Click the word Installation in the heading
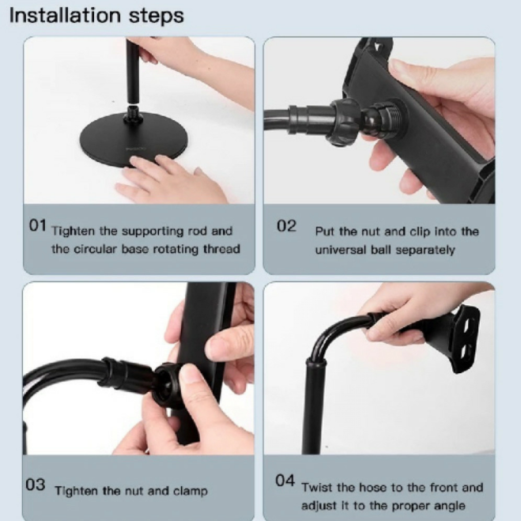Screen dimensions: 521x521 [x=65, y=16]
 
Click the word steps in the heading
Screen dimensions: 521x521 [x=157, y=17]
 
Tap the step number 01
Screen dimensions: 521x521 [x=37, y=225]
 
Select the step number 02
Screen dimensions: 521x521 [x=286, y=226]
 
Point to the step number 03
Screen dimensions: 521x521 [x=36, y=485]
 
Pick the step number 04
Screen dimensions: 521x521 [x=285, y=481]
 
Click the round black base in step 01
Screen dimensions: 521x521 [x=134, y=140]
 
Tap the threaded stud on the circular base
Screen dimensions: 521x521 [x=134, y=114]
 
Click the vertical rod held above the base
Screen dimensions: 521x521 [x=133, y=70]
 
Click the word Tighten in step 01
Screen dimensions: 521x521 [x=73, y=232]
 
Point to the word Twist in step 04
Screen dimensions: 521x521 [x=316, y=488]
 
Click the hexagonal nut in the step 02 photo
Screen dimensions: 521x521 [x=344, y=121]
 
